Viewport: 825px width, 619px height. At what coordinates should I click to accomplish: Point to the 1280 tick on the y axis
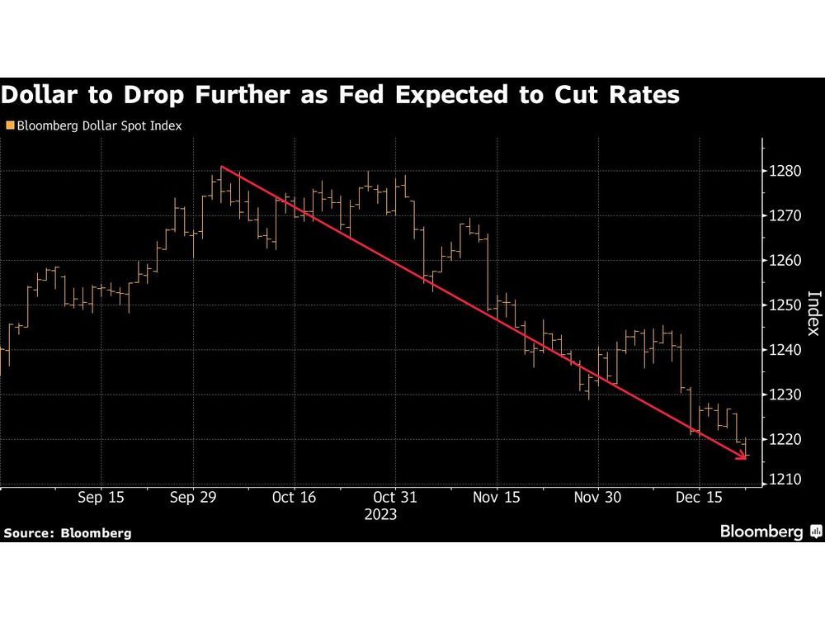781,172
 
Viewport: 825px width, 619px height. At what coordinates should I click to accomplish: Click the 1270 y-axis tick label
781,216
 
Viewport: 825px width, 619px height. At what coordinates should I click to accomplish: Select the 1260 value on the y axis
781,261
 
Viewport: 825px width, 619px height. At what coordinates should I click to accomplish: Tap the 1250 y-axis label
781,305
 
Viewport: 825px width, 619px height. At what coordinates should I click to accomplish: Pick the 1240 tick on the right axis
781,350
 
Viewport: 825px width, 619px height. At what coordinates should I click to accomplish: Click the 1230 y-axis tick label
781,395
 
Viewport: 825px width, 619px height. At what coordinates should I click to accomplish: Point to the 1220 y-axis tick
781,439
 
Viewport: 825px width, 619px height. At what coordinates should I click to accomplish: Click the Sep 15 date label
101,498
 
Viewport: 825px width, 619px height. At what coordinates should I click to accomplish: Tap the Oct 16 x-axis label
295,498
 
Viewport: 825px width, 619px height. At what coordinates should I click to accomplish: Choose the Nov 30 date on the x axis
597,498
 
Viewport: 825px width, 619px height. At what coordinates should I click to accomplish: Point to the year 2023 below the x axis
380,514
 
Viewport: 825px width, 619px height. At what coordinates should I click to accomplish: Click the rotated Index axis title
813,313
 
